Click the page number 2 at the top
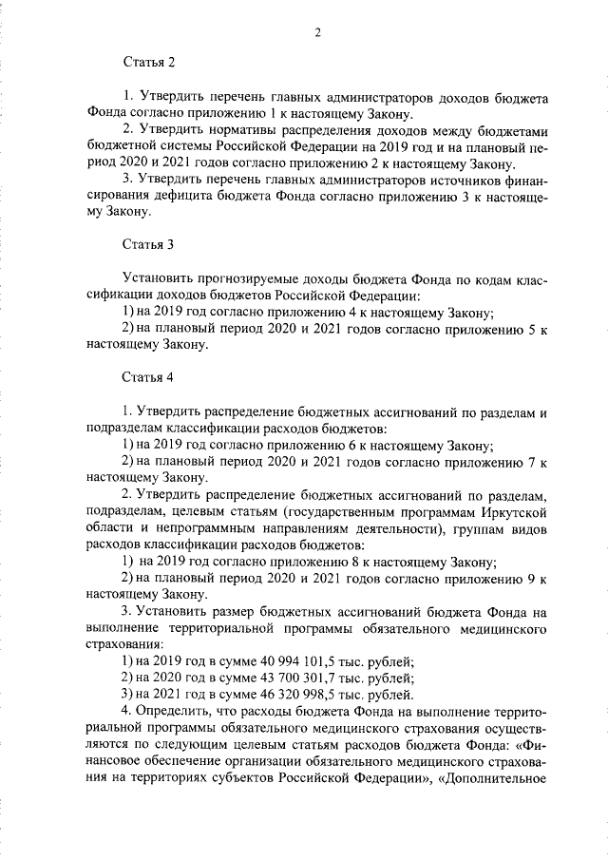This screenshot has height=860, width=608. (x=318, y=33)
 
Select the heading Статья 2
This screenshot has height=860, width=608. (x=148, y=62)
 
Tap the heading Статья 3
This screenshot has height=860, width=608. (x=148, y=244)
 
